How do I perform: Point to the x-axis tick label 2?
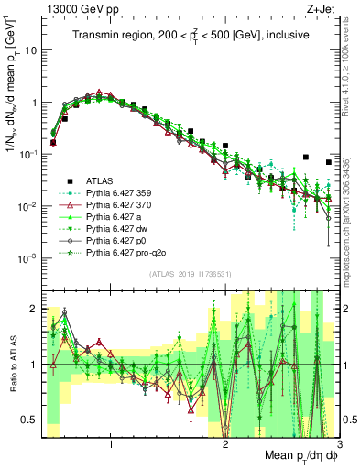tap(225, 442)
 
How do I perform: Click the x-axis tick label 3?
tap(339, 442)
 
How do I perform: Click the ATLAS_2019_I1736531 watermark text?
tap(190, 274)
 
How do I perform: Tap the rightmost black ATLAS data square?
tap(329, 162)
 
